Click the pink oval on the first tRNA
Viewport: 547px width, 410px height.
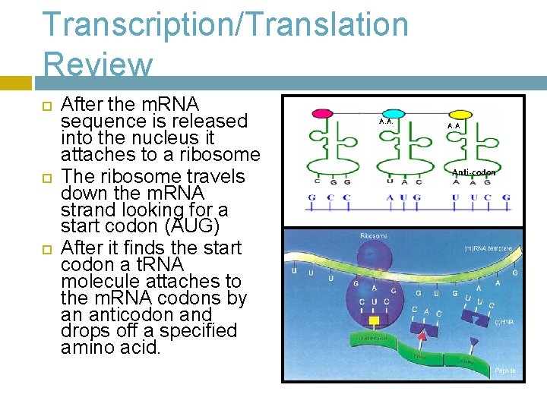[323, 114]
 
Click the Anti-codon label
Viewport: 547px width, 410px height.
[473, 173]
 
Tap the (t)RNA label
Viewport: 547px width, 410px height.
[503, 322]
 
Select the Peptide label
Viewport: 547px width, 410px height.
[504, 370]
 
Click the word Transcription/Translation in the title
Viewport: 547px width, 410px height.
[225, 24]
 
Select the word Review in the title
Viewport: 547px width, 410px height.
[98, 65]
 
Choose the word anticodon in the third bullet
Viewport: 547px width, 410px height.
[131, 314]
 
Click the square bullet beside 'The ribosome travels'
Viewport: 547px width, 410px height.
[45, 176]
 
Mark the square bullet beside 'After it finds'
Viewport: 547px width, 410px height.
[45, 248]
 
